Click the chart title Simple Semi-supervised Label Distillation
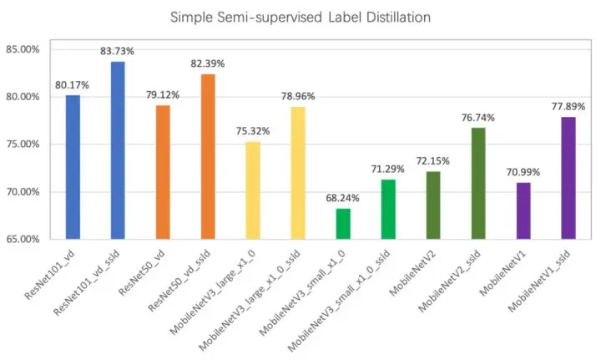point(300,17)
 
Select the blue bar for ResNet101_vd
point(73,167)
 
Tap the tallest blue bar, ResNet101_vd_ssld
point(118,150)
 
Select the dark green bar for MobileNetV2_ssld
point(478,183)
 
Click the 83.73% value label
point(118,51)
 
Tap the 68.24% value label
point(343,198)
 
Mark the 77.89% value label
point(568,107)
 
